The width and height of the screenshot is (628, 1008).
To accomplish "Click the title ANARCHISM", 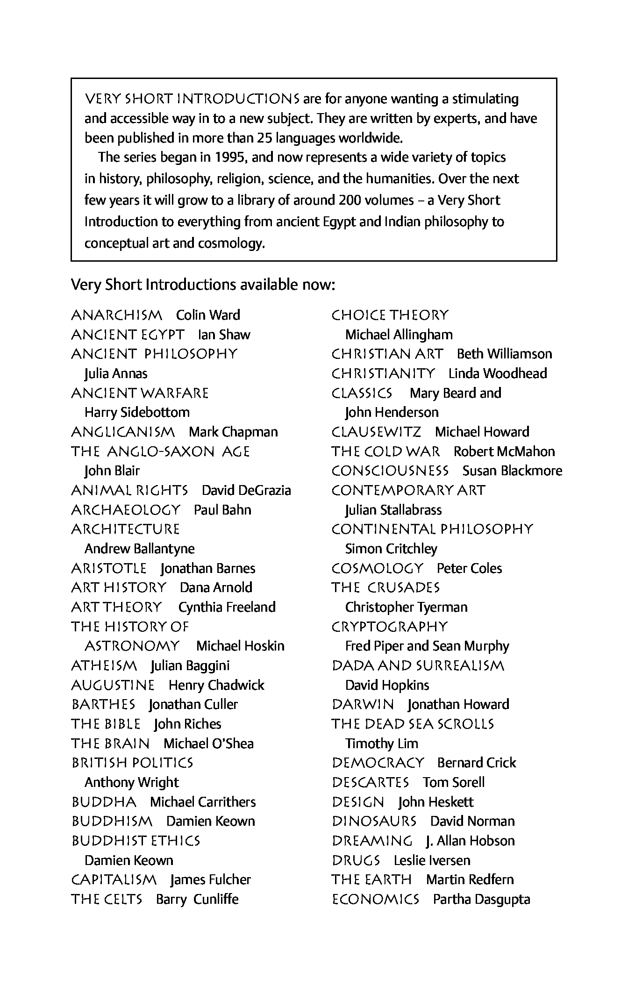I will click(x=116, y=315).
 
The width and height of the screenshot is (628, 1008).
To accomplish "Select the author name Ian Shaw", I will click(x=224, y=335).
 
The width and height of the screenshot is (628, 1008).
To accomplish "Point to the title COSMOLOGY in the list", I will click(x=377, y=569).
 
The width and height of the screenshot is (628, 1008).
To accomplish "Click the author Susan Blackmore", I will click(x=512, y=471).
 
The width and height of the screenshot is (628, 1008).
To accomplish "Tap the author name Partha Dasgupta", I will click(x=481, y=900).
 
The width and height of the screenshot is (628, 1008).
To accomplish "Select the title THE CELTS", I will click(x=107, y=900).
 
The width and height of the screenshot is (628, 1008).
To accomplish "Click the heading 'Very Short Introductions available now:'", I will click(x=203, y=285).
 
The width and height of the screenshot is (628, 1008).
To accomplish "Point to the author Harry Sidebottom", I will click(x=137, y=413).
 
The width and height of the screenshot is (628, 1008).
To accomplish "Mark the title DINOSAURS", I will click(x=374, y=822).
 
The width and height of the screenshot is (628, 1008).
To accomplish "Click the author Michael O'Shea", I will click(x=208, y=743).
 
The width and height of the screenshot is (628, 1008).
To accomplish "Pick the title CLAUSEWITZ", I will click(x=376, y=432).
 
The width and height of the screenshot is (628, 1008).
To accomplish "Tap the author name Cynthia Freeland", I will click(x=227, y=608).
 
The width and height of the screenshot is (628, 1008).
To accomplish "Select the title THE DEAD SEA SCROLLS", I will click(x=413, y=724).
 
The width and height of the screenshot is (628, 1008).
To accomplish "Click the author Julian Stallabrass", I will click(x=393, y=510).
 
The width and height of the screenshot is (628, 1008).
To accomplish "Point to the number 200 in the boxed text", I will click(x=348, y=200).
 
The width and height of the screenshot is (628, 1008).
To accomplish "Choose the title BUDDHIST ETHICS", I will click(x=136, y=841).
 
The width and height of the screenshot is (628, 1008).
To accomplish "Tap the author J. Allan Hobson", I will click(x=470, y=841).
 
